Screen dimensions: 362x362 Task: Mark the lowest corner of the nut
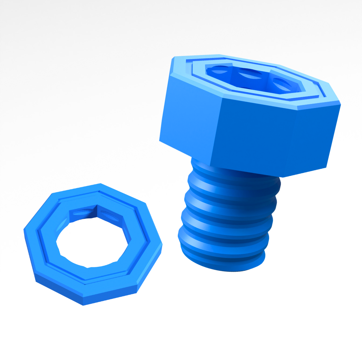83,305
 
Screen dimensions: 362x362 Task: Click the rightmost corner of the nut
162,244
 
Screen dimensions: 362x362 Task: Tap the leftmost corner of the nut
24,230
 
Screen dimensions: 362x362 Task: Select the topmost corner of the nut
100,183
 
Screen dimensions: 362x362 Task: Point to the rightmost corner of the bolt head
341,104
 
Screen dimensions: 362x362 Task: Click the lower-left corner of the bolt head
160,141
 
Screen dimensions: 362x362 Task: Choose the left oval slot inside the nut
82,213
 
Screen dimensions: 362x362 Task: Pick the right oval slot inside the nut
109,216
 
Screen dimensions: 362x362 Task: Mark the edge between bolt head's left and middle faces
216,131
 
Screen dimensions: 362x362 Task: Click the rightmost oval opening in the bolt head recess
282,84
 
